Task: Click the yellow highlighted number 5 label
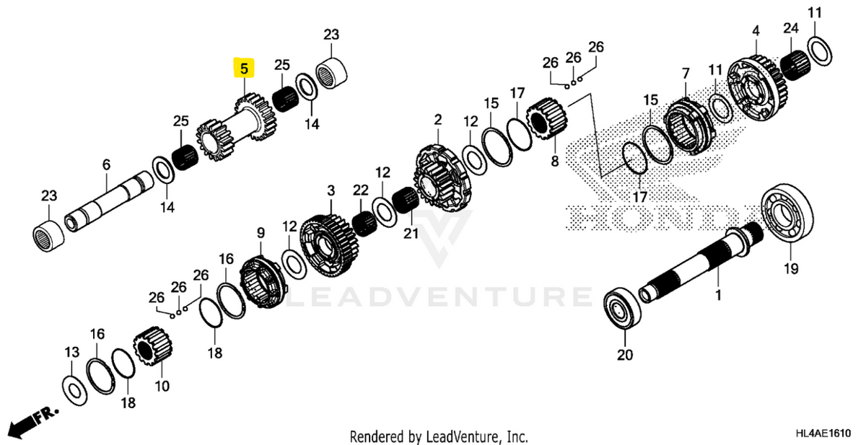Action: point(244,69)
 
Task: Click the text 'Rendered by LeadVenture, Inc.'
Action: point(439,436)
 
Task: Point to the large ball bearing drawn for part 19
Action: point(787,214)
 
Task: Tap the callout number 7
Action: point(685,73)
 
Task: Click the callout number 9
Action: point(261,233)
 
